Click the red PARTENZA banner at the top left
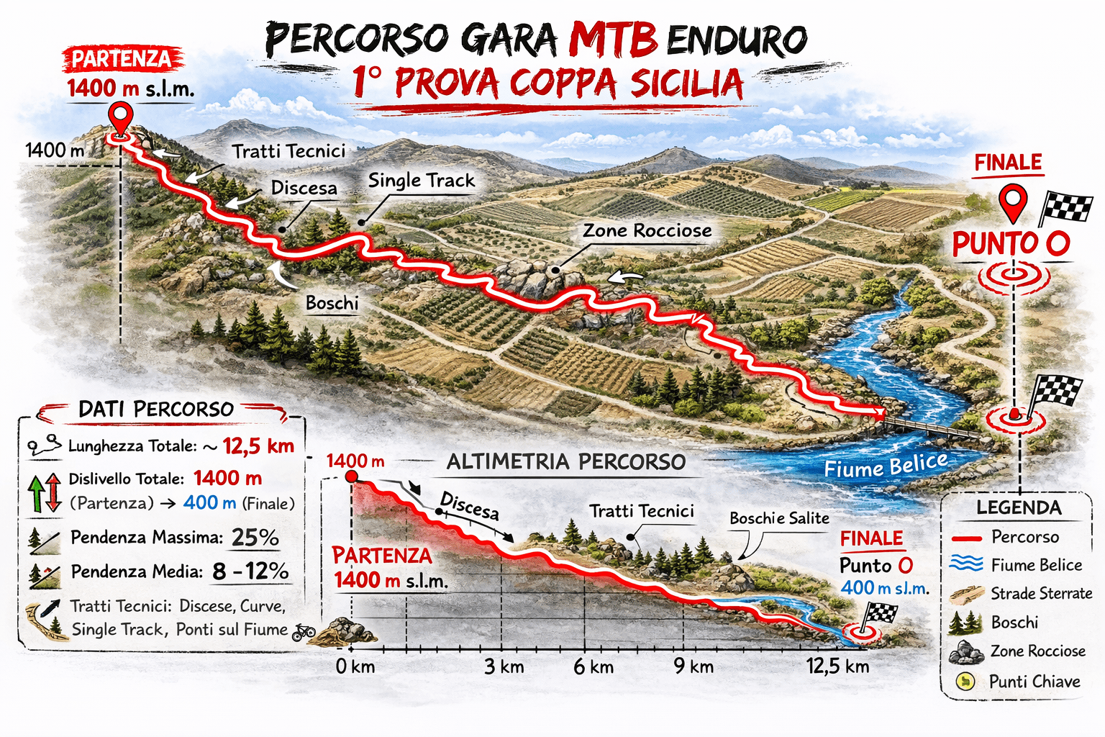tap(122, 59)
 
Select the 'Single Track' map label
tap(422, 181)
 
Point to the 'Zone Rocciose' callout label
tap(647, 230)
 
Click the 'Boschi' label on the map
tap(332, 303)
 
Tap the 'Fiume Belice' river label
tap(886, 466)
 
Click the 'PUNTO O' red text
tap(1011, 244)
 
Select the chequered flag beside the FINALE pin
tap(1065, 207)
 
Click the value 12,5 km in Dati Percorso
tap(258, 446)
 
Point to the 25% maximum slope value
tap(255, 538)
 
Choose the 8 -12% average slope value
tap(250, 571)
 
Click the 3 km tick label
tap(504, 666)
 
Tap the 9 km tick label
tap(694, 666)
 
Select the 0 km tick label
tap(355, 666)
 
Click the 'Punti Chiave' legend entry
tap(1034, 681)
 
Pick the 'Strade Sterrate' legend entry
tap(1041, 593)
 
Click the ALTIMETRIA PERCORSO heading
tap(566, 462)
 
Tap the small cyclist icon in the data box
tap(304, 632)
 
